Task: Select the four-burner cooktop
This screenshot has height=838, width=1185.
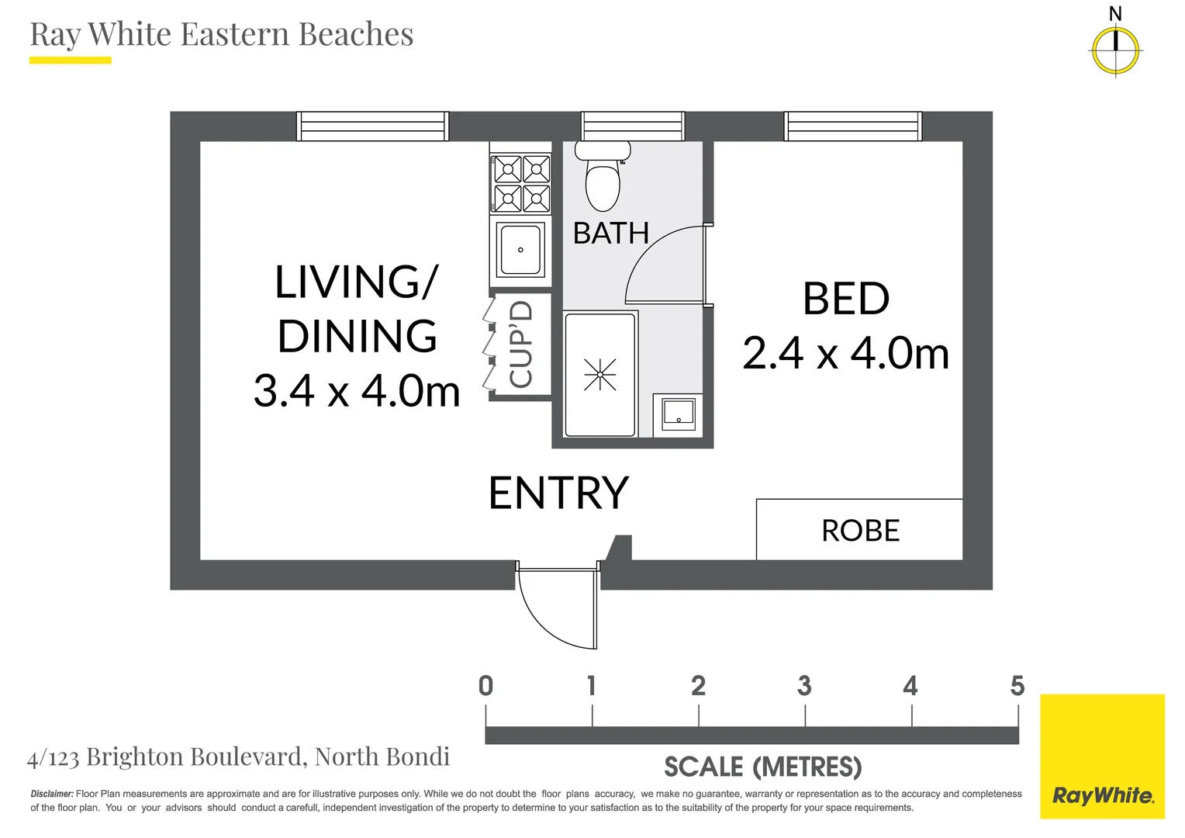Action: [x=521, y=184]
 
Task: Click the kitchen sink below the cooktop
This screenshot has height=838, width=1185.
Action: [x=520, y=250]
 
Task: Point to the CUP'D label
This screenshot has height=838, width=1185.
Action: [x=521, y=345]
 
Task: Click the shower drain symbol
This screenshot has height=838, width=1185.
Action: [x=600, y=375]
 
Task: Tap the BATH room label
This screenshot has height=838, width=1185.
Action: [x=610, y=234]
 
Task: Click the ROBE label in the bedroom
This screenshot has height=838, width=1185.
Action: [x=860, y=531]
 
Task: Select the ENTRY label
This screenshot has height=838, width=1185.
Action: [x=558, y=493]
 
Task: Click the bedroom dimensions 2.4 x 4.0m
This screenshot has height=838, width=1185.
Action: [x=845, y=354]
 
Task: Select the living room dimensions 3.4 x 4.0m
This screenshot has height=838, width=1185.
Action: [x=357, y=391]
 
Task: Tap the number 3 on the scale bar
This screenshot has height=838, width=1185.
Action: [x=804, y=686]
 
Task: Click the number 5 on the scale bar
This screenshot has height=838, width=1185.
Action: [x=1017, y=686]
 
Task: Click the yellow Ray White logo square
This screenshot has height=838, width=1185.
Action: [x=1102, y=756]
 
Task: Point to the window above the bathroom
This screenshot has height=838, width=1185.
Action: [x=633, y=126]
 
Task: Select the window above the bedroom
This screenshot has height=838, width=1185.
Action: [x=853, y=126]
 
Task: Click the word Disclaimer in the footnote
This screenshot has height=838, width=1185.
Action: [x=52, y=794]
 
